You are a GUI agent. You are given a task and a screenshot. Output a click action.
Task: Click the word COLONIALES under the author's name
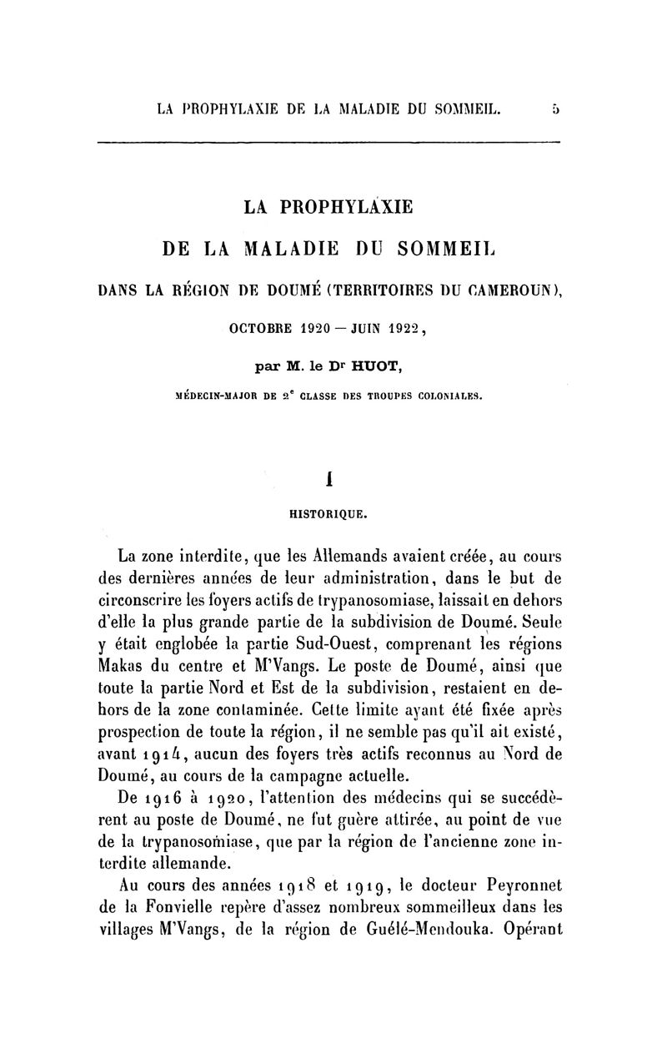(x=445, y=398)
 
